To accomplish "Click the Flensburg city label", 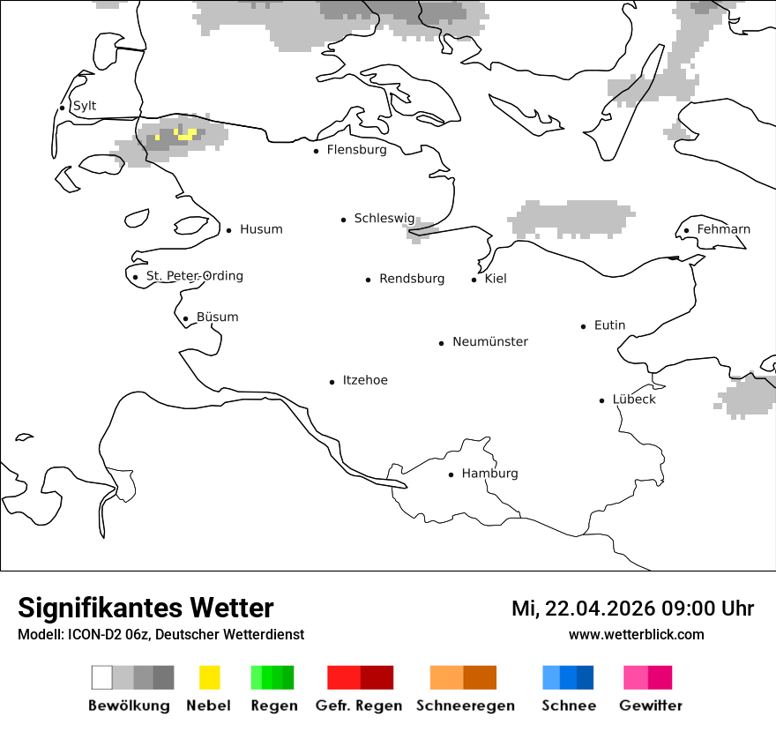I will point(356,150).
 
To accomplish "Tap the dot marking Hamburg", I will point(451,474).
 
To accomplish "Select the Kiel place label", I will point(496,279).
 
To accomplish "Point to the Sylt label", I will point(85,106).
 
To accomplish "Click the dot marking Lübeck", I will point(601,400).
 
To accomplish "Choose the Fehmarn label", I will point(723,229).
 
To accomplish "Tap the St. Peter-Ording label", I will point(194,276).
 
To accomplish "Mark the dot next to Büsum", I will point(185,319).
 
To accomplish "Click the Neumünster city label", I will point(490,341).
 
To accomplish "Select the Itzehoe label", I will point(365,380).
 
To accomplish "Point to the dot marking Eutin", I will point(583,326).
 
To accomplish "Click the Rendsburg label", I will point(412,279).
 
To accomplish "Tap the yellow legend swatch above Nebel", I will point(209,677).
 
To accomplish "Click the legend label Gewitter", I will point(651,706).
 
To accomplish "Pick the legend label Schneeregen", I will point(465,706).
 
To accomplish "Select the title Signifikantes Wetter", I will point(145,609).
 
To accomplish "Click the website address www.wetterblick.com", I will point(637,634).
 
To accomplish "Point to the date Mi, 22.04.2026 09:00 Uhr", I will point(632,609).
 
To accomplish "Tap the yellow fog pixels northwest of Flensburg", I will point(186,135).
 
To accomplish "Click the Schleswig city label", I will point(384,218).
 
